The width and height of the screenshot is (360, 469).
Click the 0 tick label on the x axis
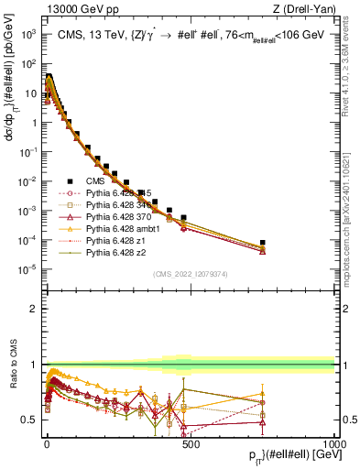pyautogui.click(x=47, y=443)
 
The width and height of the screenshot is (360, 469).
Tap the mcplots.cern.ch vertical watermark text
pyautogui.click(x=350, y=229)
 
